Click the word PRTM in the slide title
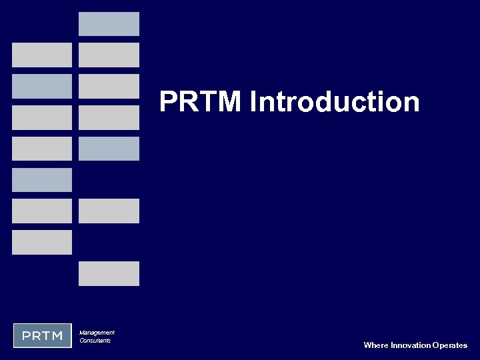pyautogui.click(x=201, y=103)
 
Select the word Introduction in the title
pyautogui.click(x=335, y=103)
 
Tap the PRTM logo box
pyautogui.click(x=42, y=335)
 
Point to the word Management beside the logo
pyautogui.click(x=97, y=332)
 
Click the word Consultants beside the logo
pyautogui.click(x=95, y=341)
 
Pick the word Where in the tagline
pyautogui.click(x=375, y=345)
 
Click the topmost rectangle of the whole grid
pyautogui.click(x=109, y=23)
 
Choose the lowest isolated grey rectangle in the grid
pyautogui.click(x=109, y=273)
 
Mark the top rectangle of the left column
pyautogui.click(x=42, y=55)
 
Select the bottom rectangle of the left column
pyautogui.click(x=42, y=242)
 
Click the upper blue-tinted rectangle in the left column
pyautogui.click(x=42, y=86)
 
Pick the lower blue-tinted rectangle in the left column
pyautogui.click(x=42, y=179)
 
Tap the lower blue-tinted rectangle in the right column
pyautogui.click(x=109, y=148)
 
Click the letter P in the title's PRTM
pyautogui.click(x=169, y=103)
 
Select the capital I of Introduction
pyautogui.click(x=254, y=103)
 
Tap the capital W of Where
pyautogui.click(x=367, y=345)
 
